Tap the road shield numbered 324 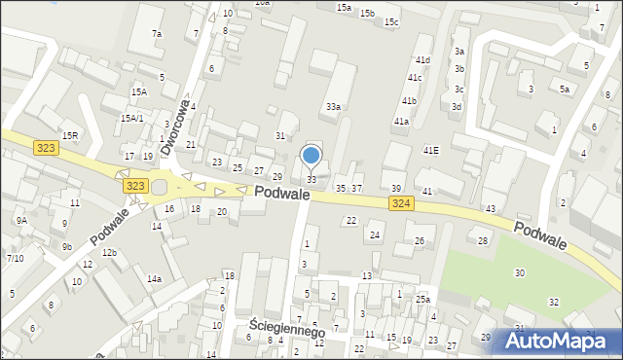(400, 202)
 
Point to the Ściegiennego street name (286, 331)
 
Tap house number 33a (333, 106)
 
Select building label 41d (421, 60)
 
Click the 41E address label (430, 150)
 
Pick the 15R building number (70, 135)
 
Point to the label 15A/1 (132, 118)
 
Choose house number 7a (156, 34)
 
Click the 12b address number (110, 253)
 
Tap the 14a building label (154, 279)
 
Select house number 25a (422, 300)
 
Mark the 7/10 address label (15, 258)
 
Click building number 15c (390, 21)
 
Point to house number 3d (456, 106)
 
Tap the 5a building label (565, 89)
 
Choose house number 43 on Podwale (491, 209)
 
